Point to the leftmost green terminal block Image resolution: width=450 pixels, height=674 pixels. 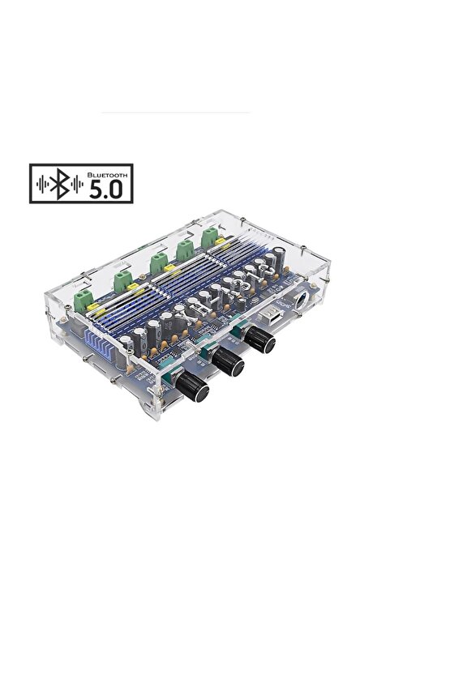(81, 300)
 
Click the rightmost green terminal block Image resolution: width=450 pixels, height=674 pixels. (213, 237)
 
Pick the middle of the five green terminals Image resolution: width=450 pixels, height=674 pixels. (158, 262)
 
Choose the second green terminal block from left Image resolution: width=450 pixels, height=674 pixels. (122, 281)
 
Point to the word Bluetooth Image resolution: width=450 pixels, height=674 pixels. (107, 173)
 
